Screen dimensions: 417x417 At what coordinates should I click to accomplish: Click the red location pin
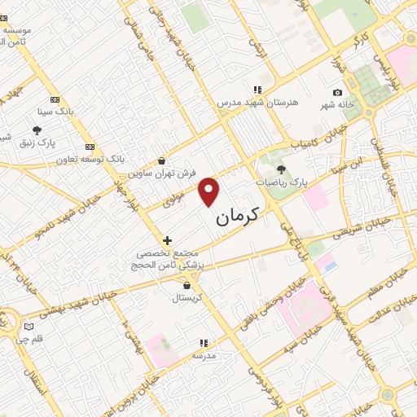[x=210, y=191]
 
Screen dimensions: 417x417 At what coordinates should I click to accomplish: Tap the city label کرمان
[x=238, y=217]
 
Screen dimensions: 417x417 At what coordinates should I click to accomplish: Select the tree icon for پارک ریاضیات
[x=282, y=169]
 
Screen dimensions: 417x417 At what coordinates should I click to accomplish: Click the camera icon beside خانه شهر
[x=337, y=93]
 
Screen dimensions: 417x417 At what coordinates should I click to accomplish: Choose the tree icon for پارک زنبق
[x=37, y=129]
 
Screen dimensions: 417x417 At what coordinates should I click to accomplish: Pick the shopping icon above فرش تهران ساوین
[x=164, y=160]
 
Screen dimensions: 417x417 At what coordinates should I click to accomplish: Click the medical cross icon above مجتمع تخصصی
[x=167, y=240]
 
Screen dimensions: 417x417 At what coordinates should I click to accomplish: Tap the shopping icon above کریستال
[x=188, y=285]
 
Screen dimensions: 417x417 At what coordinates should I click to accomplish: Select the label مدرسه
[x=203, y=357]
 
